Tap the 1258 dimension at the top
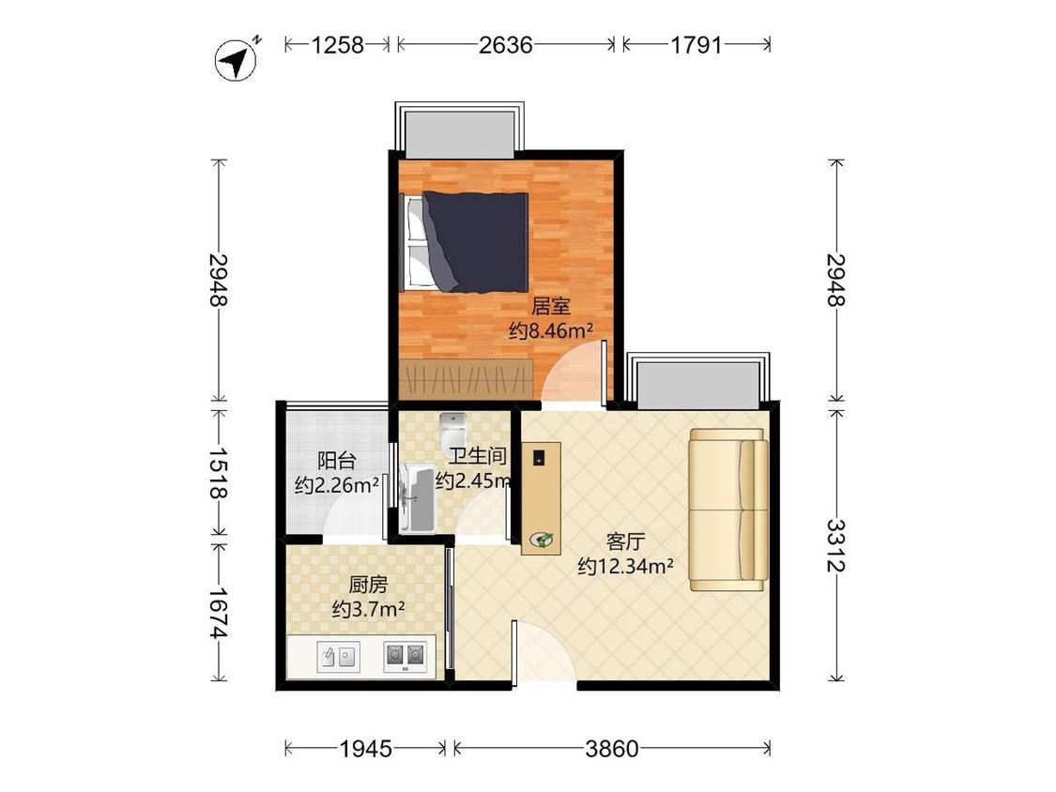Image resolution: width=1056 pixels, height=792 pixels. pos(337,45)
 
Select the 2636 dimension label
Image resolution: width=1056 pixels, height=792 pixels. pos(506,45)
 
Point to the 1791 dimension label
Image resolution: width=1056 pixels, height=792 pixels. pos(696,45)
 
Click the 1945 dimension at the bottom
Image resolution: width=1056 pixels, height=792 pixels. pos(365,748)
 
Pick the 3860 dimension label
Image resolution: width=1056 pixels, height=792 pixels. pos(611,748)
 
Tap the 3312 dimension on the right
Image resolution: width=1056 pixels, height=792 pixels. pos(835,545)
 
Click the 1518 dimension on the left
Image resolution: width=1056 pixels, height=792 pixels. pos(218,474)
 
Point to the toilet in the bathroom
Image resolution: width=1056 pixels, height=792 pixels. pos(453,426)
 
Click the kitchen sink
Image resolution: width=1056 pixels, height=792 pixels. pos(338,656)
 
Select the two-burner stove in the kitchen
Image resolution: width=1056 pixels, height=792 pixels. pos(405,656)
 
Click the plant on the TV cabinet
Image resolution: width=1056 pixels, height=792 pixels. pos(543,539)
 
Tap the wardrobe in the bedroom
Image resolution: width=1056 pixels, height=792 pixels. pos(466,380)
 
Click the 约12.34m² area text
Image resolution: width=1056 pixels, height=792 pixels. pos(626,567)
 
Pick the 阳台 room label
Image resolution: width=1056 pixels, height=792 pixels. pos(336,461)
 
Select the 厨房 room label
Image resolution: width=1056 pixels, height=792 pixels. pos(368,584)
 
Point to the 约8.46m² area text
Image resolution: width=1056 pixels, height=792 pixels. pos(551,330)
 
